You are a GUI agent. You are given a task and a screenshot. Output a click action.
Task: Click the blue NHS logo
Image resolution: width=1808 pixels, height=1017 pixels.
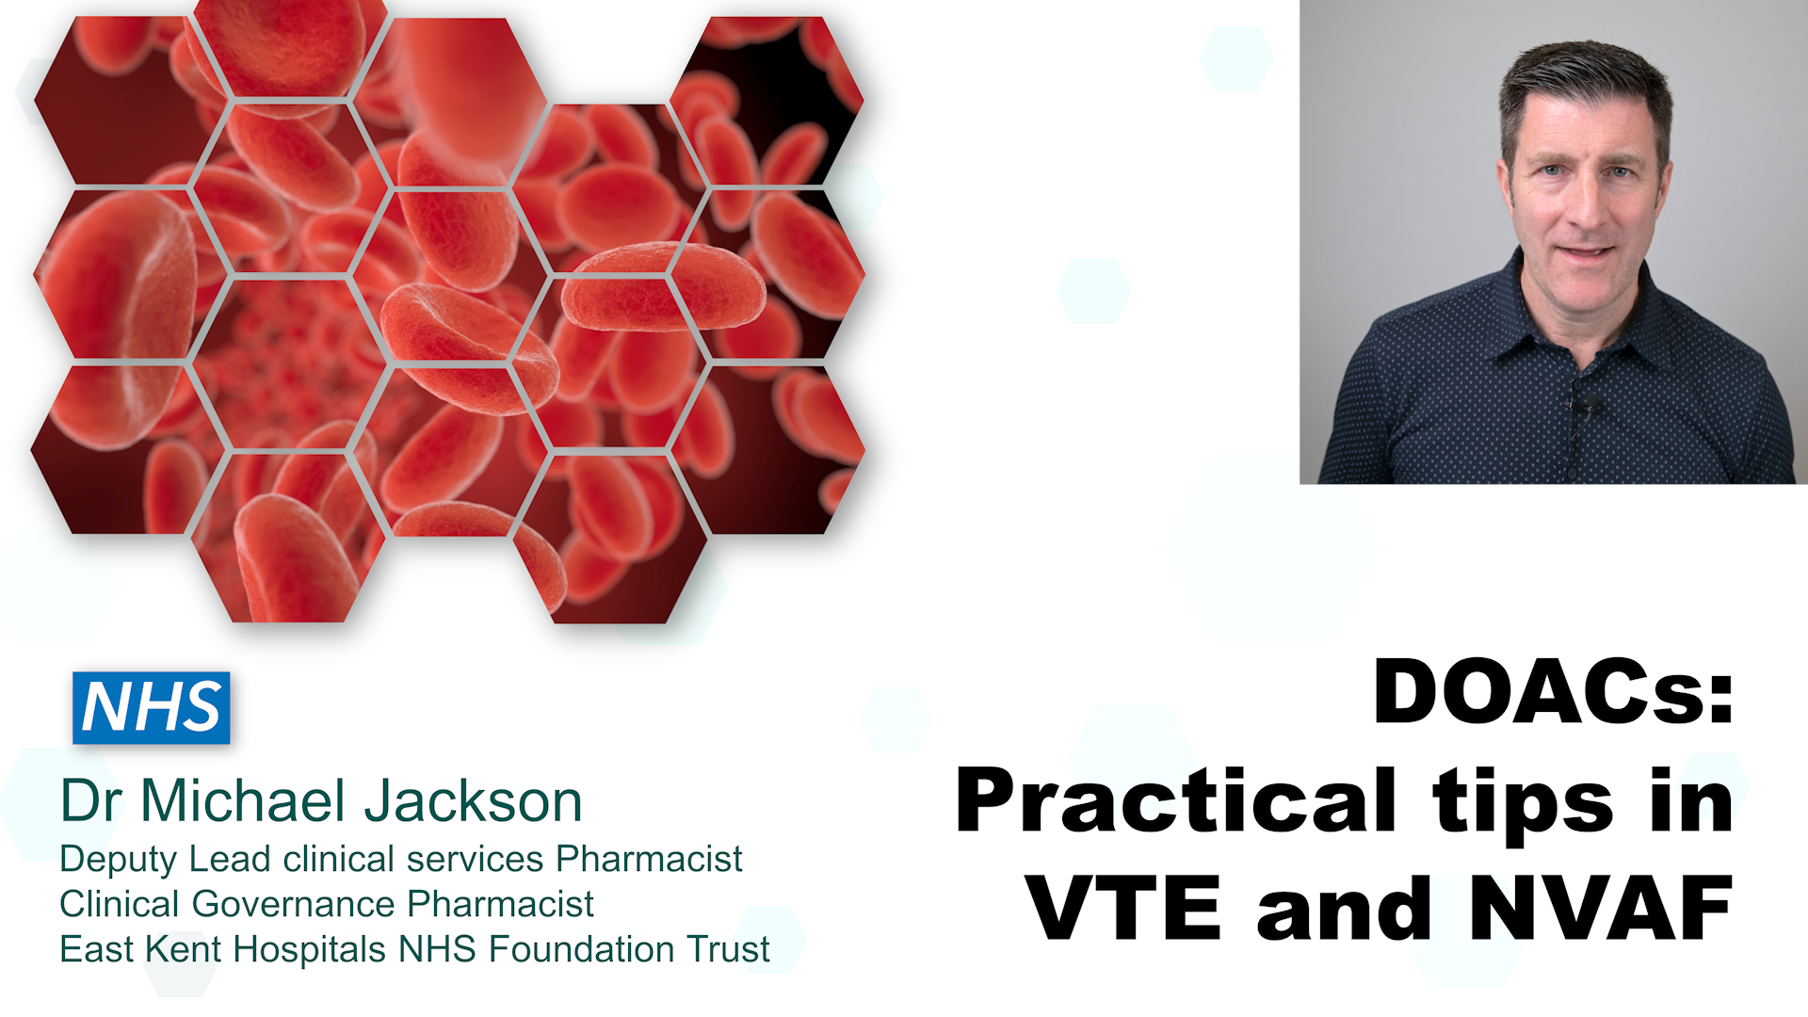[x=151, y=707]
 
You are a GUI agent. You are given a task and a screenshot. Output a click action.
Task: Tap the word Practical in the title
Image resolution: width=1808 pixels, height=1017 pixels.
[x=1176, y=802]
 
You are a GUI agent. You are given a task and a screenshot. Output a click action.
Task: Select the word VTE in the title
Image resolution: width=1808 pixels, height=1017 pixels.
[x=1124, y=908]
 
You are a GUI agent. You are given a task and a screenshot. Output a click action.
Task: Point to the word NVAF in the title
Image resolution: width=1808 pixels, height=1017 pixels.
[x=1602, y=908]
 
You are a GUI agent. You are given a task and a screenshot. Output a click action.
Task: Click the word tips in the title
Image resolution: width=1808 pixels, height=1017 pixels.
[x=1524, y=802]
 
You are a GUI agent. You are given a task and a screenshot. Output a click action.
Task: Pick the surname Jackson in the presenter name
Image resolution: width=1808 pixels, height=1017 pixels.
[x=473, y=801]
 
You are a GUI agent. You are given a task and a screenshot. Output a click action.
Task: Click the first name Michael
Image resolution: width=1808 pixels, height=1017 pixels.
[x=243, y=801]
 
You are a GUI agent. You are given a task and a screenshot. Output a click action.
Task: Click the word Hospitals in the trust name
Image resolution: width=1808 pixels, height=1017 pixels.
[x=310, y=949]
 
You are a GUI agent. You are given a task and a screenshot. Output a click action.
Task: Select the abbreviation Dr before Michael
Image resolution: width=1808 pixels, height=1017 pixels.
[x=91, y=801]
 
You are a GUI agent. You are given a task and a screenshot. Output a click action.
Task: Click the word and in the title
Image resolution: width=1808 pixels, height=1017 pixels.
[x=1346, y=908]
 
